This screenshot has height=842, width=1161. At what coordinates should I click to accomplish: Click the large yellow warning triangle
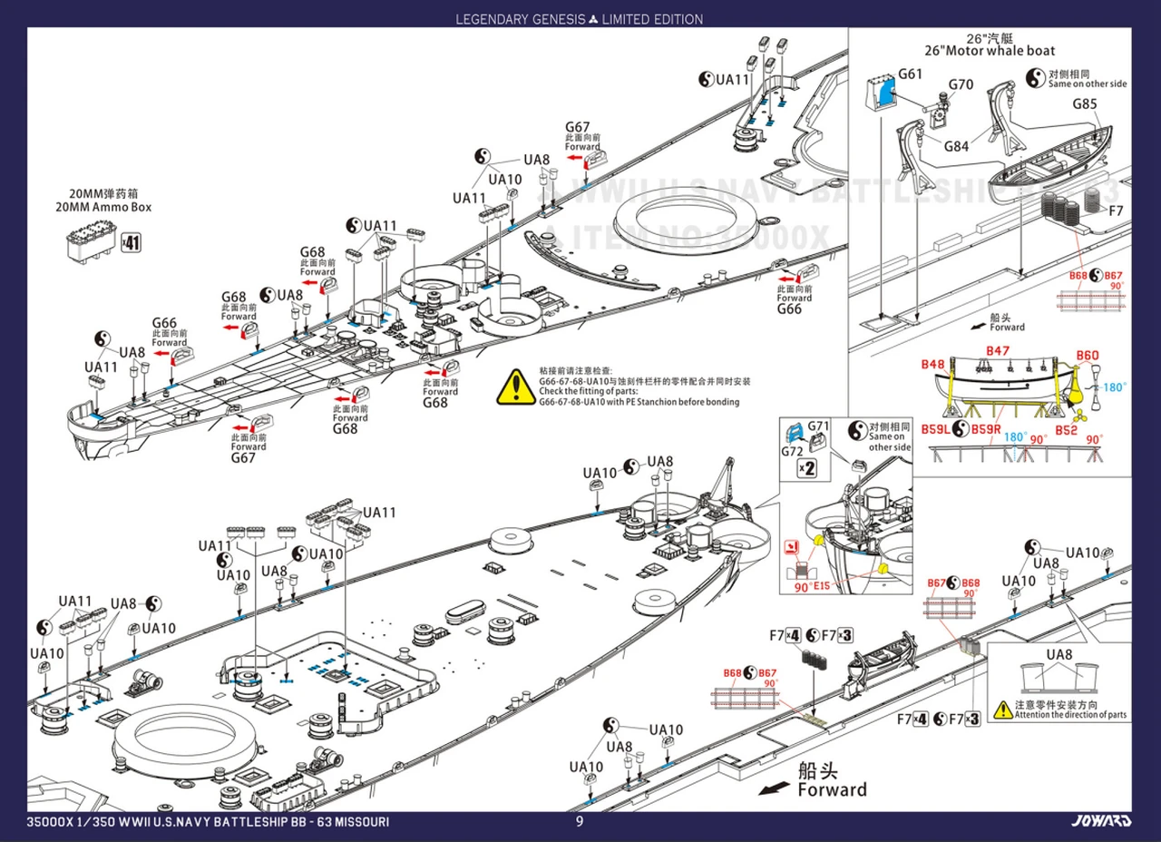(x=515, y=387)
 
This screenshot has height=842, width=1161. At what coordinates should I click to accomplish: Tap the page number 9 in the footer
(x=580, y=822)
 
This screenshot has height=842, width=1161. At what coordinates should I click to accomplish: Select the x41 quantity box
(x=131, y=243)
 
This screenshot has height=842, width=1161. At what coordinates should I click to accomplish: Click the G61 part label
(x=910, y=74)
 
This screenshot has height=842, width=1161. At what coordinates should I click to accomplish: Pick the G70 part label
(x=961, y=85)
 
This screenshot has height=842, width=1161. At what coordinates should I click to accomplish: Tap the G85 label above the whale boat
(x=1085, y=104)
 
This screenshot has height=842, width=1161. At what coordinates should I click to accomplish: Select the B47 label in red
(x=998, y=350)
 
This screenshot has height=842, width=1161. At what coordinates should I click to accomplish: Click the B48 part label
(x=932, y=364)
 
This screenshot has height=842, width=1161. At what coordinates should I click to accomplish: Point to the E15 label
(x=822, y=586)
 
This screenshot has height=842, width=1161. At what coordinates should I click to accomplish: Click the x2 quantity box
(x=806, y=468)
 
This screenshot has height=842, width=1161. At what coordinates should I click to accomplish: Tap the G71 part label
(x=818, y=426)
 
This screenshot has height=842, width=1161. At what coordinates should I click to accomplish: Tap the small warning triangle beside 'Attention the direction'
(x=1001, y=709)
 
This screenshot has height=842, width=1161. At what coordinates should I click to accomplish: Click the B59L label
(x=936, y=429)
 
